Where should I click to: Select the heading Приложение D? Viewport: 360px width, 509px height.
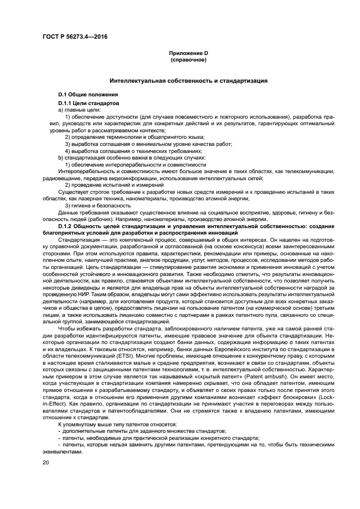point(188,53)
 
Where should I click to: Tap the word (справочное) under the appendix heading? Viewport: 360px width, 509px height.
point(188,59)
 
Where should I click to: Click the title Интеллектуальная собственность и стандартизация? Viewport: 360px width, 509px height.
point(188,81)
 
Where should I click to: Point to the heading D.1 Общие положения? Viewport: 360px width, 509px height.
point(84,95)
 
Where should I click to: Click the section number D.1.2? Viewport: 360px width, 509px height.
point(69,225)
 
